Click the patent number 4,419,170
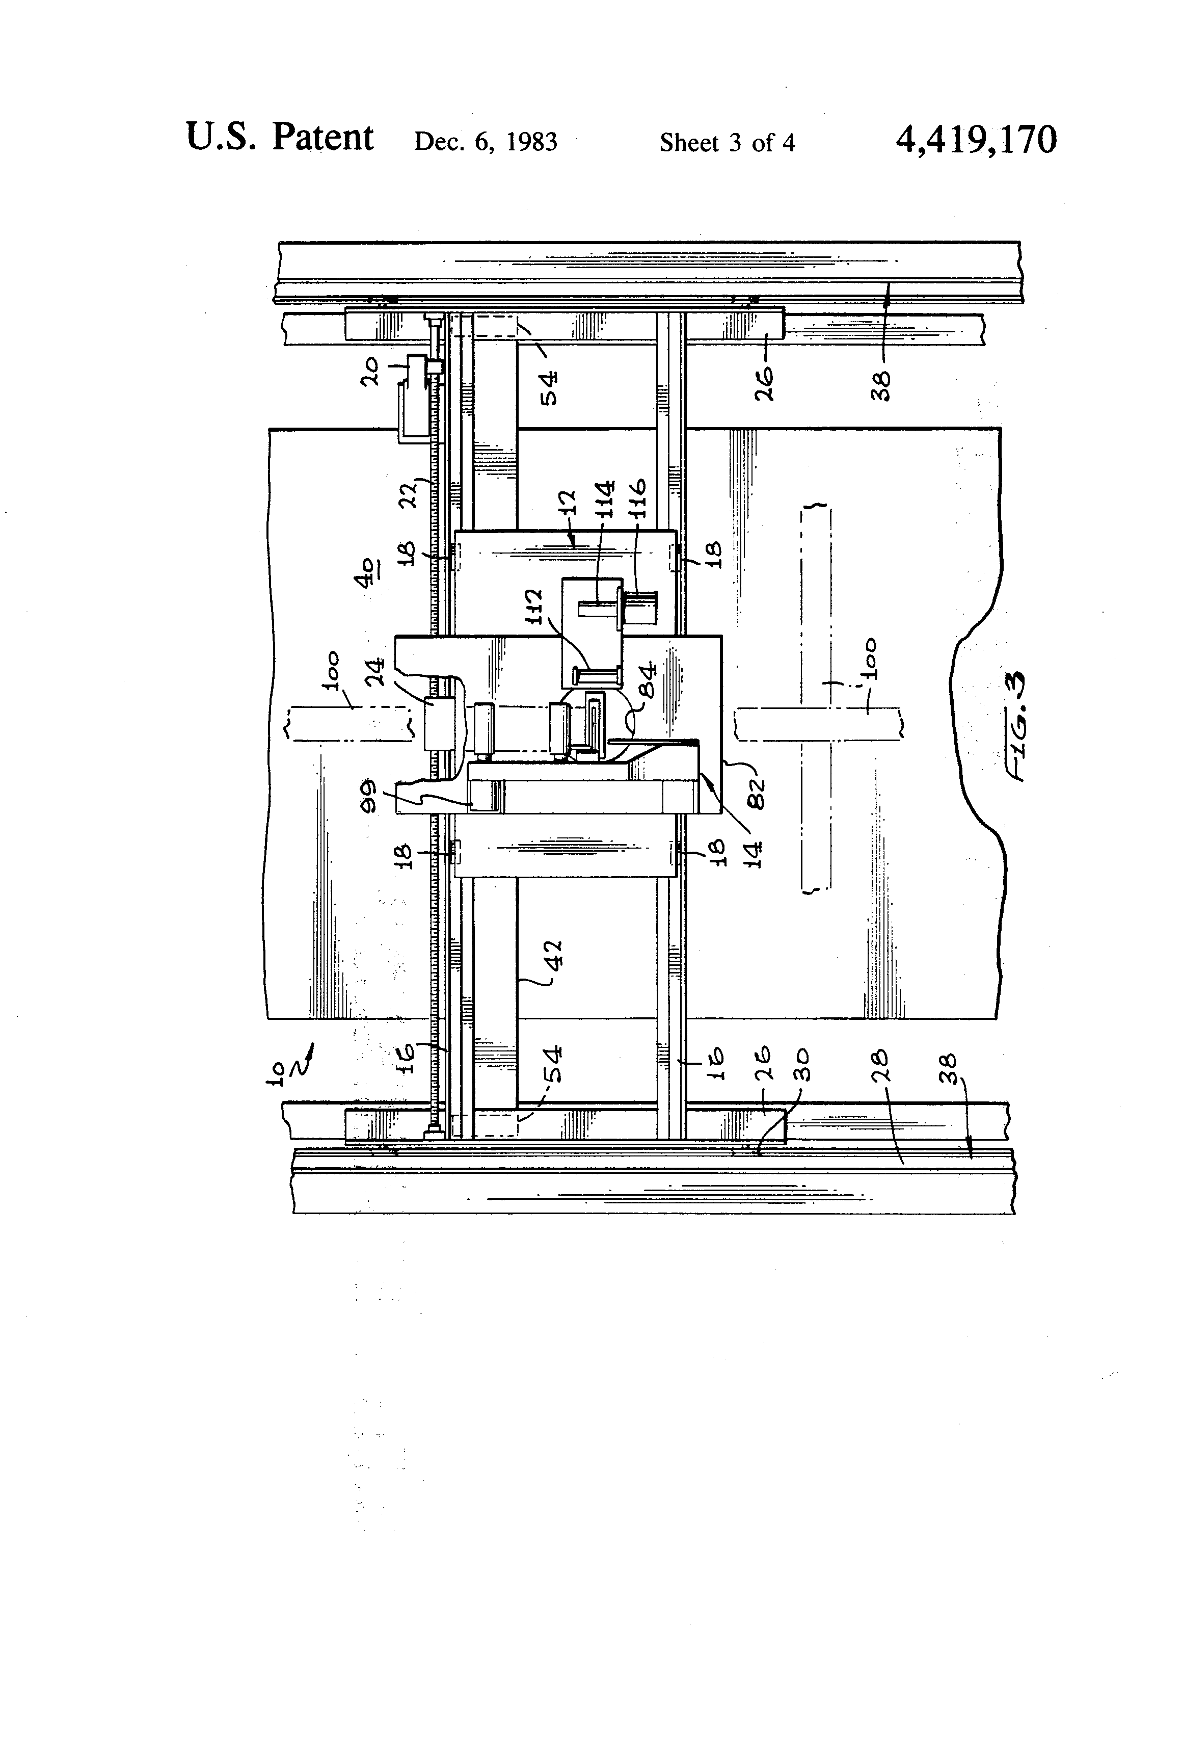976,140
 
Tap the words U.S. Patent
279,138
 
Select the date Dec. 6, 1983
486,142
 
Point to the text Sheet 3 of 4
727,143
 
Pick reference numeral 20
371,372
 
